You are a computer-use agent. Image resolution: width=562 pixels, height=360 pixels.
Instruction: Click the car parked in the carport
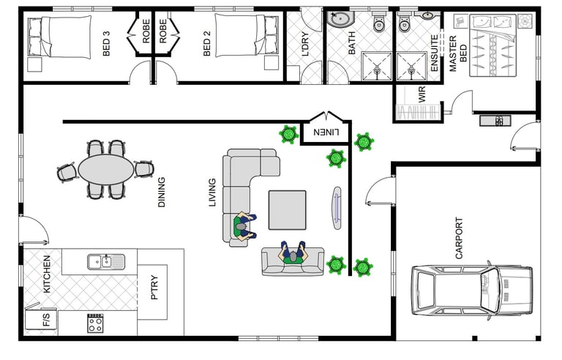click(472, 290)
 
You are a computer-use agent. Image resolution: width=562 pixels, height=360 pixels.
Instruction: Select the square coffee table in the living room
click(288, 210)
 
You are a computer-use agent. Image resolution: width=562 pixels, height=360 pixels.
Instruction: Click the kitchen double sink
click(106, 261)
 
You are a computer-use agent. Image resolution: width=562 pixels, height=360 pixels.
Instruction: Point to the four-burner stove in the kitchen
click(95, 323)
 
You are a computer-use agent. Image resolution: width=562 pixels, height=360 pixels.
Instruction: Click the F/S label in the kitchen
click(47, 319)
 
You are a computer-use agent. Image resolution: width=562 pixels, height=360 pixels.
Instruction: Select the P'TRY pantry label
click(154, 287)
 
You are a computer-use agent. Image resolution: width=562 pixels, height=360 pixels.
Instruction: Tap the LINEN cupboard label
click(326, 132)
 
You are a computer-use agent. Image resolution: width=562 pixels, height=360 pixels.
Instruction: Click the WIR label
click(421, 94)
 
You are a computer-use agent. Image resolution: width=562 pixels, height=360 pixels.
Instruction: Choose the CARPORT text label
click(459, 238)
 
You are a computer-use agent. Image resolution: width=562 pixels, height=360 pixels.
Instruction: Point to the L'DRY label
click(305, 44)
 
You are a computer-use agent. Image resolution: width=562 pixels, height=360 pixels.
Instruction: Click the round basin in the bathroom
click(340, 18)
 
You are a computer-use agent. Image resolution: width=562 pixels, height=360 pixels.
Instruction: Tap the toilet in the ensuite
click(404, 23)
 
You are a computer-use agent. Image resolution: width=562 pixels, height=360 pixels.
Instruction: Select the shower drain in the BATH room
click(377, 71)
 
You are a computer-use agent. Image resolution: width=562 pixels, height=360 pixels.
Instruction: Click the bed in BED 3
click(59, 36)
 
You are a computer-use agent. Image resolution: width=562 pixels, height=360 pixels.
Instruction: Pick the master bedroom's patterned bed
click(492, 45)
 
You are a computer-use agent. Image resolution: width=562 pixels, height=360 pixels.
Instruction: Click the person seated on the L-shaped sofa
click(244, 227)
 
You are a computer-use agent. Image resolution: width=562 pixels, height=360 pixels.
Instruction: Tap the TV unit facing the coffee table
click(337, 208)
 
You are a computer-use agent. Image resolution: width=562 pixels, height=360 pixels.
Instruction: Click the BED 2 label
click(207, 43)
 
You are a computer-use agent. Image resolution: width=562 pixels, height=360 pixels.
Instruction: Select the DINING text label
click(162, 192)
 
